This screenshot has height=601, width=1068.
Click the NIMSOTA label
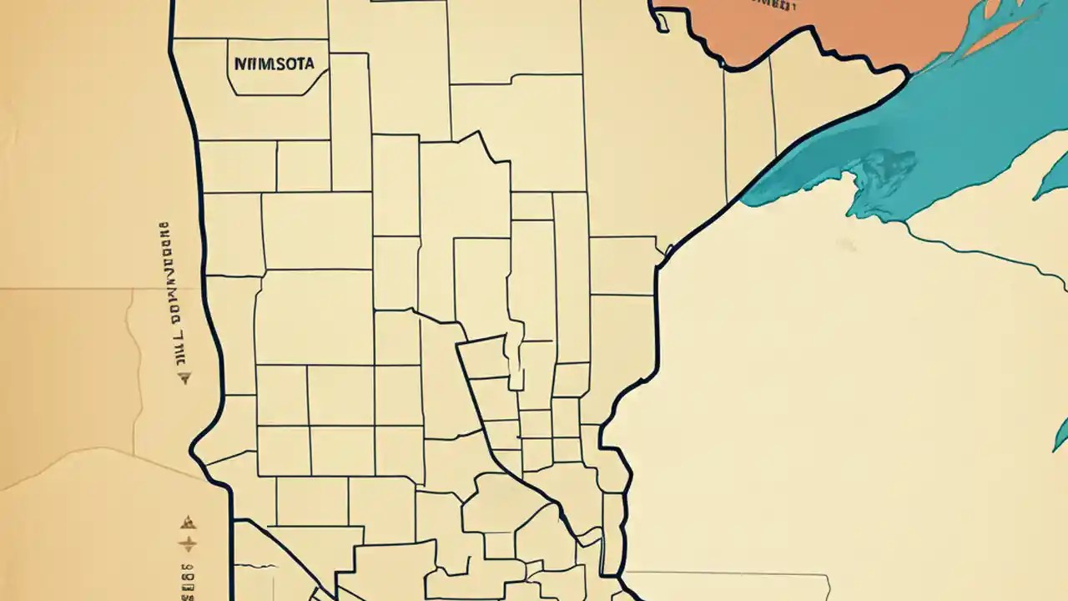tap(275, 63)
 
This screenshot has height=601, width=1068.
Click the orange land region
tap(834, 33)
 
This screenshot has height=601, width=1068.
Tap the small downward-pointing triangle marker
tap(185, 378)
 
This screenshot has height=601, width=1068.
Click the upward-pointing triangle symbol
tap(188, 523)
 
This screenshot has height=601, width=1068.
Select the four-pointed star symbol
tap(189, 545)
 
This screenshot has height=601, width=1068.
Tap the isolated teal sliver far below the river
tap(1061, 434)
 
